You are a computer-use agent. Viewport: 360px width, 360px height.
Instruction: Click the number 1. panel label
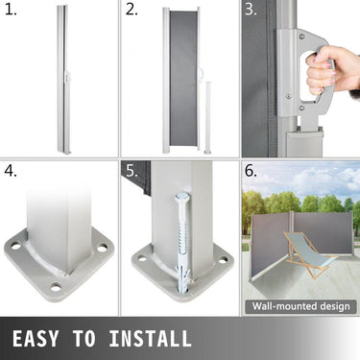coord(12,12)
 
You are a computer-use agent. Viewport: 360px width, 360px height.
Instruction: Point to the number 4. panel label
coord(12,173)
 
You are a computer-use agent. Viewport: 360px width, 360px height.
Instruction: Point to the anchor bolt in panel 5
coord(182,240)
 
